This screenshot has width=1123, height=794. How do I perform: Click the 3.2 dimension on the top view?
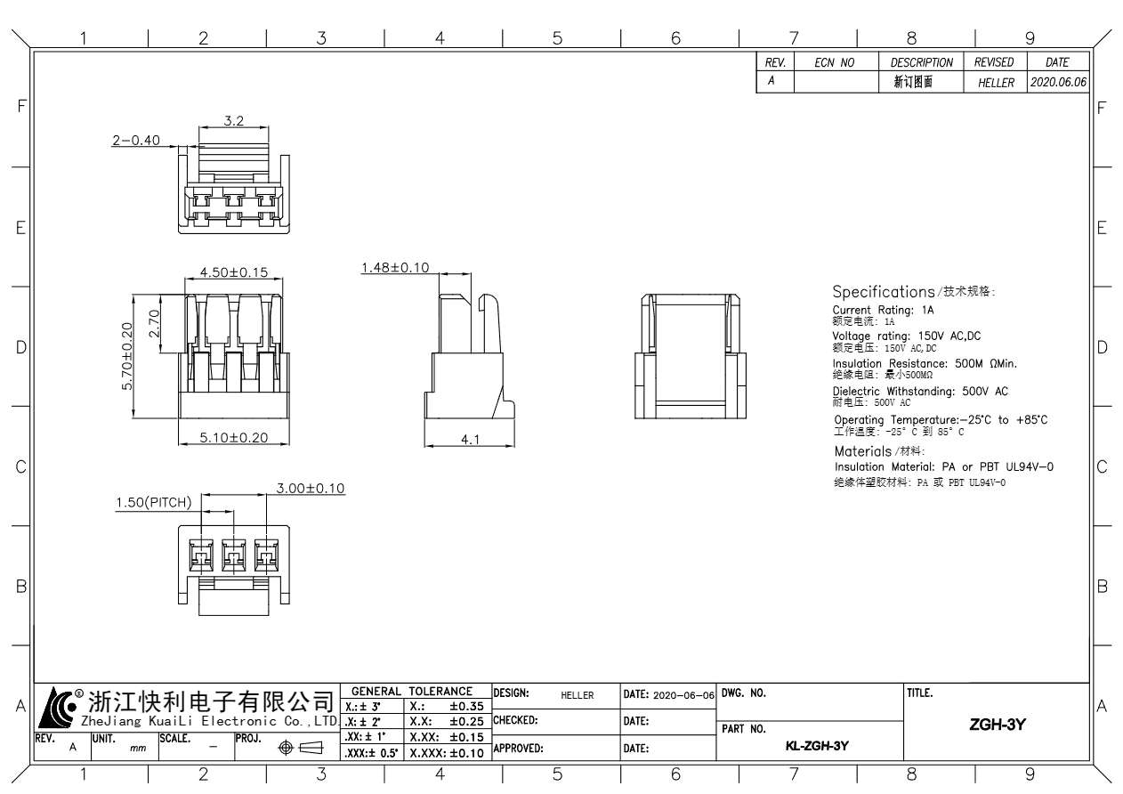click(x=234, y=121)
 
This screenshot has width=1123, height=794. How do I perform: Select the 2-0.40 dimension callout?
click(x=136, y=140)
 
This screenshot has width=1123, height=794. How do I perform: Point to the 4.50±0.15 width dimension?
click(x=234, y=272)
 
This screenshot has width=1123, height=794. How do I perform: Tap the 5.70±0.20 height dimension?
click(x=127, y=356)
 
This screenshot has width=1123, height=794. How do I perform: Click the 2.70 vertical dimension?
click(x=154, y=323)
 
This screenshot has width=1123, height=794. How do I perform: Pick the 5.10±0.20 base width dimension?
click(x=234, y=437)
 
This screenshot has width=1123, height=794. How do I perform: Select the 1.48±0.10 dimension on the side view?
click(x=395, y=268)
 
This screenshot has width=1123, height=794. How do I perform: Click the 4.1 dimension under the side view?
click(x=470, y=440)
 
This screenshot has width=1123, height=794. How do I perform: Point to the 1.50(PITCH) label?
click(x=154, y=502)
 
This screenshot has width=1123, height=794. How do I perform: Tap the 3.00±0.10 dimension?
click(x=311, y=488)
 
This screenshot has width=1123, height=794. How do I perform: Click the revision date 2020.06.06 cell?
click(x=1058, y=82)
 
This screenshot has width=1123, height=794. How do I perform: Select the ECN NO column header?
click(x=834, y=62)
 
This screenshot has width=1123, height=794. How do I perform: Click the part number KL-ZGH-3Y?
click(x=817, y=746)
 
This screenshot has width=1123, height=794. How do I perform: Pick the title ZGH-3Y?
click(x=998, y=725)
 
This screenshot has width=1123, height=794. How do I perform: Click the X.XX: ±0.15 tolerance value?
click(x=447, y=737)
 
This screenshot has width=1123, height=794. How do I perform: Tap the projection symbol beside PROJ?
click(x=301, y=748)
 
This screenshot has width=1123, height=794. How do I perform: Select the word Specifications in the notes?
click(x=884, y=292)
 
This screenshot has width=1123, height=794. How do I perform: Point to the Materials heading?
click(x=863, y=451)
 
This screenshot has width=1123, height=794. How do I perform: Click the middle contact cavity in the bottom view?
click(x=234, y=555)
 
